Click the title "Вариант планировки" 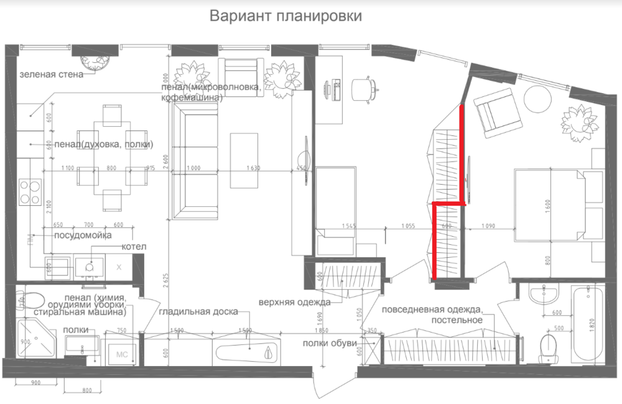(x=285, y=16)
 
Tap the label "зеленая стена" (x=51, y=75)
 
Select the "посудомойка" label (x=82, y=236)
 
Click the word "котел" (x=134, y=247)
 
